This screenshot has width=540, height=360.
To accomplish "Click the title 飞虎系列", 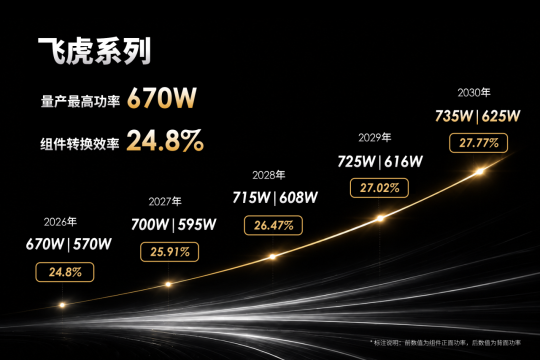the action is pyautogui.click(x=94, y=51).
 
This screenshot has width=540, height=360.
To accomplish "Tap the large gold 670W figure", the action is pyautogui.click(x=162, y=98).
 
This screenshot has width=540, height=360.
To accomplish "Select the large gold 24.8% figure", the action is pyautogui.click(x=165, y=140).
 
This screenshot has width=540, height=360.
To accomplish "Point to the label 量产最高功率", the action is pyautogui.click(x=80, y=101).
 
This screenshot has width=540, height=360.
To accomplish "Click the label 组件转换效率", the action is pyautogui.click(x=80, y=143).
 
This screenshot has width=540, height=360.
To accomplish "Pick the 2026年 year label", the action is pyautogui.click(x=60, y=222).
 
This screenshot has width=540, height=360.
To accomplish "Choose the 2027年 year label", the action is pyautogui.click(x=165, y=201).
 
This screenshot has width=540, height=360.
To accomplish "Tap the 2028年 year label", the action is pyautogui.click(x=269, y=175).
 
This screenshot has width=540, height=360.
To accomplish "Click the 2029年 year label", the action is pyautogui.click(x=374, y=138).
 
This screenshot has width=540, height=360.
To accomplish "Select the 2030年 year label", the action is pyautogui.click(x=474, y=92).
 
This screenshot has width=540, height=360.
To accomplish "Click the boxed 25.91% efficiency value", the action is pyautogui.click(x=169, y=252).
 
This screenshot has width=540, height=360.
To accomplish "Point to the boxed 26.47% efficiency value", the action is pyautogui.click(x=273, y=225).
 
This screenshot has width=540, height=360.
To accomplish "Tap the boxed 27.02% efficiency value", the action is pyautogui.click(x=379, y=188).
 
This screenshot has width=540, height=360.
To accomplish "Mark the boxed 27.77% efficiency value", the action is pyautogui.click(x=478, y=143).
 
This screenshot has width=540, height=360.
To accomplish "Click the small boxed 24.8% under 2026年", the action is pyautogui.click(x=64, y=272).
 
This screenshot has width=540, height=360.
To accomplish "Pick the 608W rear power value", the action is pyautogui.click(x=298, y=197).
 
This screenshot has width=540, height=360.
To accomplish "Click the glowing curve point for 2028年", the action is pyautogui.click(x=272, y=256).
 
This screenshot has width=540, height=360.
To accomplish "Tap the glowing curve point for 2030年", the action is pyautogui.click(x=479, y=171).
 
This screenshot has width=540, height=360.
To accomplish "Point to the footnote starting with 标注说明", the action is pyautogui.click(x=445, y=343).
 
